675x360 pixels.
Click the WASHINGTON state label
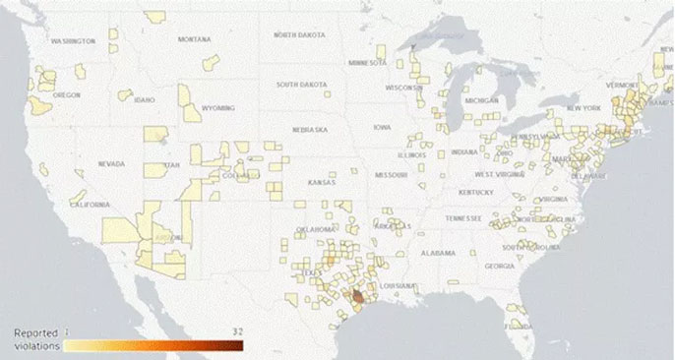pyautogui.click(x=73, y=41)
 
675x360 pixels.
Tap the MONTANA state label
pyautogui.click(x=194, y=39)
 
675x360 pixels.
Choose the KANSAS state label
pyautogui.click(x=321, y=183)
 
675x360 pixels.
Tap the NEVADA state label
pyautogui.click(x=111, y=164)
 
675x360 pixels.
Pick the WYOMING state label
pyautogui.click(x=217, y=107)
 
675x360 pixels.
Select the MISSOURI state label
pyautogui.click(x=391, y=174)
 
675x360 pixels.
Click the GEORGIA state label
pyautogui.click(x=499, y=266)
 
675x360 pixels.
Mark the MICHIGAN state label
pyautogui.click(x=481, y=100)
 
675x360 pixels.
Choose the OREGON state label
pyautogui.click(x=67, y=94)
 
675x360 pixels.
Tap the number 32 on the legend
pyautogui.click(x=236, y=330)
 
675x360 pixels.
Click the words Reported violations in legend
pyautogui.click(x=36, y=339)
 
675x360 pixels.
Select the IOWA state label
pyautogui.click(x=381, y=127)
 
